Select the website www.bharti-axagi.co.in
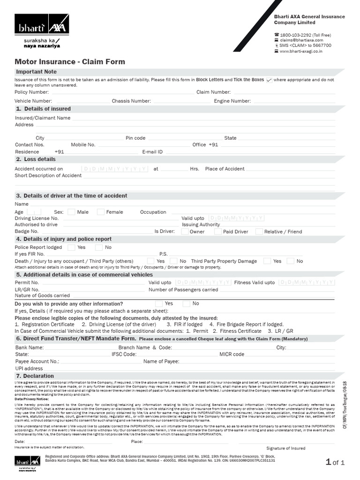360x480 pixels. coord(301,51)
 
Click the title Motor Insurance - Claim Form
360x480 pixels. coord(70,61)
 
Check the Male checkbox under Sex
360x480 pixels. coord(71,212)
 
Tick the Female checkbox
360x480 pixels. coord(100,212)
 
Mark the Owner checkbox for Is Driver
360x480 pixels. coord(185,232)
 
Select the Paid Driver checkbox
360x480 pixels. coord(218,232)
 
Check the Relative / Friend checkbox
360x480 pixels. coord(259,232)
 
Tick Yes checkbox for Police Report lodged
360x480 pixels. coord(71,247)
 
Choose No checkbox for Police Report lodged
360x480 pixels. coord(99,247)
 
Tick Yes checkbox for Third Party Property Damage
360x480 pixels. coord(267,261)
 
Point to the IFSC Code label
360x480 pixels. coord(124,354)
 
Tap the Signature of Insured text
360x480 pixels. coord(285,448)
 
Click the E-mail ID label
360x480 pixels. coord(152,152)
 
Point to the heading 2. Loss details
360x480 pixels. coord(36,159)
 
